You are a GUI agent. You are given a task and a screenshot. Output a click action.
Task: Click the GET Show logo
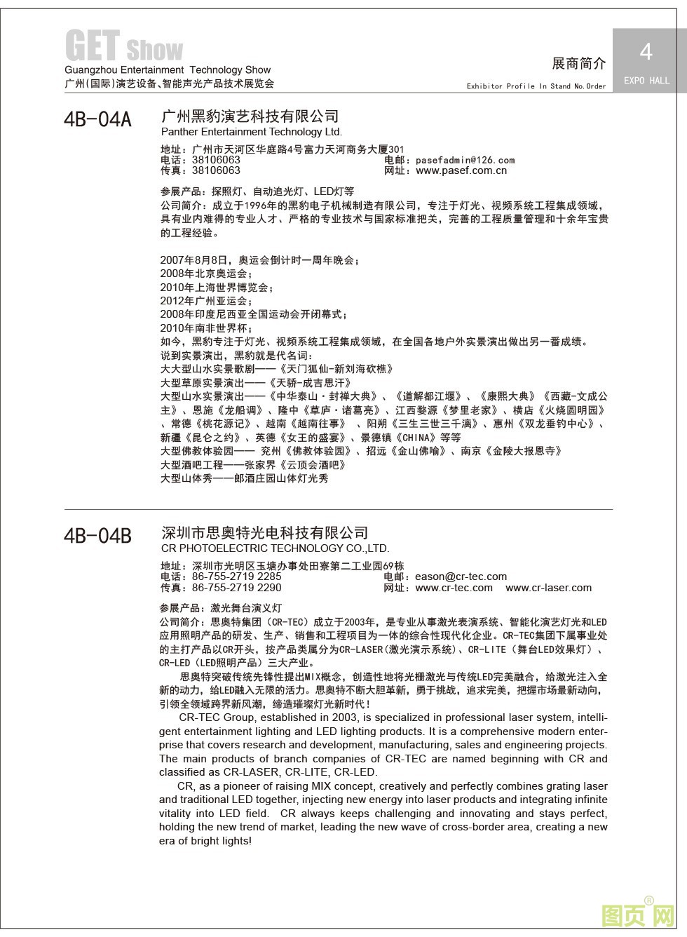pyautogui.click(x=124, y=46)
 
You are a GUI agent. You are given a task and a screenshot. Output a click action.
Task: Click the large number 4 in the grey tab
pyautogui.click(x=646, y=51)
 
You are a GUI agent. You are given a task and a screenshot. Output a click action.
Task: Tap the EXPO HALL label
pyautogui.click(x=646, y=81)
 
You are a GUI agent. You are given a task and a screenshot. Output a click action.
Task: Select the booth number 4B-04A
pyautogui.click(x=97, y=119)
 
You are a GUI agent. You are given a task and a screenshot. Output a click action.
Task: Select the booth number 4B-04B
pyautogui.click(x=97, y=536)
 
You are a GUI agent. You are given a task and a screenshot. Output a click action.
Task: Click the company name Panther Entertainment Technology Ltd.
pyautogui.click(x=251, y=132)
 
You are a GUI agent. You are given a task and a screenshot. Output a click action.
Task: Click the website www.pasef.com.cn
pyautogui.click(x=461, y=170)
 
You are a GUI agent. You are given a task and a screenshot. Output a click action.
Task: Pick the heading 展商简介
pyautogui.click(x=579, y=64)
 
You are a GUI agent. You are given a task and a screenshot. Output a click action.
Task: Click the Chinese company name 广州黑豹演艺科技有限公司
pyautogui.click(x=250, y=116)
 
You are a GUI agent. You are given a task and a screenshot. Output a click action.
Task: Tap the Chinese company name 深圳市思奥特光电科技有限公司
pyautogui.click(x=264, y=533)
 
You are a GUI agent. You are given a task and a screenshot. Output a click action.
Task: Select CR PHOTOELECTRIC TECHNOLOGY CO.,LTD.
pyautogui.click(x=275, y=548)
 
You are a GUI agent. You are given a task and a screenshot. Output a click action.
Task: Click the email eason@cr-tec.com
pyautogui.click(x=461, y=577)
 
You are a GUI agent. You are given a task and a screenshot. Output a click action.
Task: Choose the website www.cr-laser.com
pyautogui.click(x=548, y=588)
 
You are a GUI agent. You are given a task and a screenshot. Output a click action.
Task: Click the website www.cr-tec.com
pyautogui.click(x=454, y=588)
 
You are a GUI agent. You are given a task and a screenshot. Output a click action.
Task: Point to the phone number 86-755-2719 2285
pyautogui.click(x=236, y=577)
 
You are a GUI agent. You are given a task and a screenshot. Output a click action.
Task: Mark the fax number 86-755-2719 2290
pyautogui.click(x=236, y=588)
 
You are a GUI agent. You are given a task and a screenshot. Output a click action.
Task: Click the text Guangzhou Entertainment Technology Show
pyautogui.click(x=168, y=70)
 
